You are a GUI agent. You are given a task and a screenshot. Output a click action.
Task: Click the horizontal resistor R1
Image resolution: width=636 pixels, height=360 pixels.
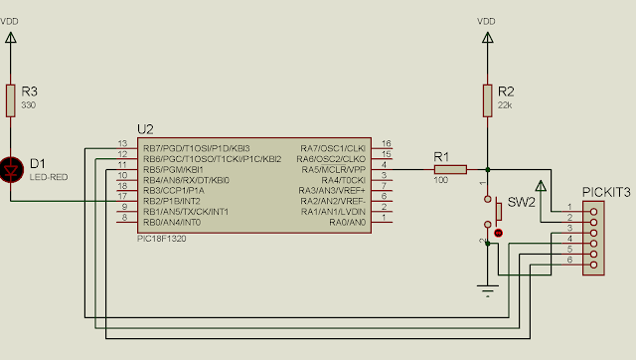pyautogui.click(x=449, y=169)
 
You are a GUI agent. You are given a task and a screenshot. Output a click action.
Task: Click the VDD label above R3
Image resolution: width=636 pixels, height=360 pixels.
pyautogui.click(x=11, y=21)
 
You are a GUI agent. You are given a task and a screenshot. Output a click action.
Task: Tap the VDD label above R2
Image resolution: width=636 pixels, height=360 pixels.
pyautogui.click(x=487, y=21)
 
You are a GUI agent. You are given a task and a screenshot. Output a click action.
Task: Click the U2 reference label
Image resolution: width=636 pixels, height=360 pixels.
pyautogui.click(x=145, y=129)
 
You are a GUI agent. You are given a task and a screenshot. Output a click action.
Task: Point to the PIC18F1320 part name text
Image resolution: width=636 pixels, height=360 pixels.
pyautogui.click(x=161, y=239)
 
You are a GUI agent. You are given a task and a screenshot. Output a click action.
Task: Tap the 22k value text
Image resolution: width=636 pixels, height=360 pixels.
pyautogui.click(x=504, y=105)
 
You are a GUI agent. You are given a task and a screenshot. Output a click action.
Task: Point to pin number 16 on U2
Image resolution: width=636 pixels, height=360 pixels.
pyautogui.click(x=386, y=143)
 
